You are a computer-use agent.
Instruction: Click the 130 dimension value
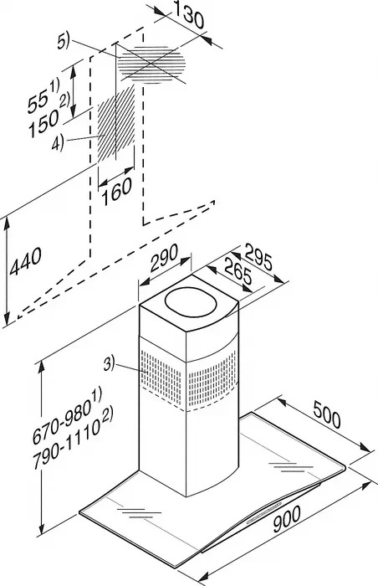pos(188,17)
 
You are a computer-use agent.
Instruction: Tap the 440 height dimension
pos(25,261)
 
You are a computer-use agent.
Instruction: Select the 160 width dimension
pos(117,192)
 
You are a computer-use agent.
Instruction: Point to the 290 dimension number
pos(164,258)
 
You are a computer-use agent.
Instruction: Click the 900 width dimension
pos(287,519)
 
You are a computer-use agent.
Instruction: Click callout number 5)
pos(64,41)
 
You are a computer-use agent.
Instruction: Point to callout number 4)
pos(58,143)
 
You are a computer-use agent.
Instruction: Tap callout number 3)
pos(109,363)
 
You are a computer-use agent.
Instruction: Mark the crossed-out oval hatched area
pos(151,64)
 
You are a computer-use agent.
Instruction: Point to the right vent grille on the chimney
pos(212,378)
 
